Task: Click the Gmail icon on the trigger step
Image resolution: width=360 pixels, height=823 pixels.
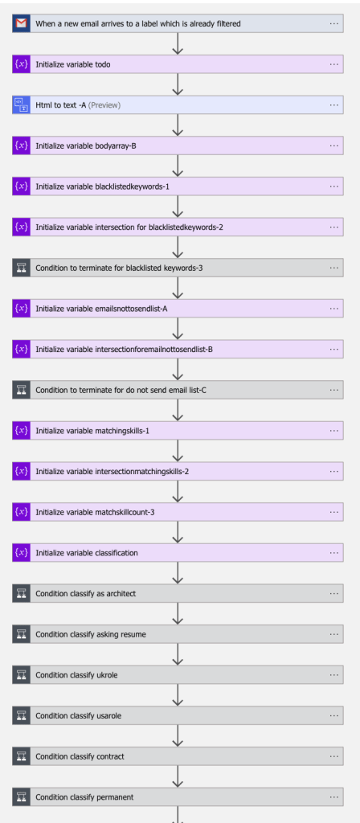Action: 22,23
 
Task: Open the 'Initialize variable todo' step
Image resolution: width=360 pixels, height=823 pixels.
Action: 178,64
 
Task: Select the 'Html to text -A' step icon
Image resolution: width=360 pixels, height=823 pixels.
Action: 22,105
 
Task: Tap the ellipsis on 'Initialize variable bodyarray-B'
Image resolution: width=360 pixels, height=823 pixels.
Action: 334,145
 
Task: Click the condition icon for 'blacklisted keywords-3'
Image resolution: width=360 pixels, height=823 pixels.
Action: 22,268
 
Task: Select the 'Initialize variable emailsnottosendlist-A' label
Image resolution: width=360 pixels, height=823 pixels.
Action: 102,309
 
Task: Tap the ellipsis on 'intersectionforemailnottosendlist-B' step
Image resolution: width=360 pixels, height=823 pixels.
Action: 334,349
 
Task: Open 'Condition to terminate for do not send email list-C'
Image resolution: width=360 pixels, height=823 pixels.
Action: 178,390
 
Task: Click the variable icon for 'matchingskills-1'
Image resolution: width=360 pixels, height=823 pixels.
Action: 22,431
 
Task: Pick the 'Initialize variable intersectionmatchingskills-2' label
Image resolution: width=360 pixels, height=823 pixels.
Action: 112,471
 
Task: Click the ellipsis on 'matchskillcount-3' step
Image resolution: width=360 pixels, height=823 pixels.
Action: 334,512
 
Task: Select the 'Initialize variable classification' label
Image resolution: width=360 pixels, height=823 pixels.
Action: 87,553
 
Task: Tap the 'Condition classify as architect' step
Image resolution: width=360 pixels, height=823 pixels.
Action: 178,594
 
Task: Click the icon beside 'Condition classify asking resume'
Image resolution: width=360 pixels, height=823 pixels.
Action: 22,634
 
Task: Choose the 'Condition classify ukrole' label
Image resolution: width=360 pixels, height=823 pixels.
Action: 76,675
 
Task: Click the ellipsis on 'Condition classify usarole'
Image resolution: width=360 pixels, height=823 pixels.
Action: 334,715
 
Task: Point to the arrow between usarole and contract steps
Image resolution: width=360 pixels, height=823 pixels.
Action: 178,736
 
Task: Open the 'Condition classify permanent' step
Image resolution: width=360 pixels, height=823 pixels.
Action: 178,796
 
